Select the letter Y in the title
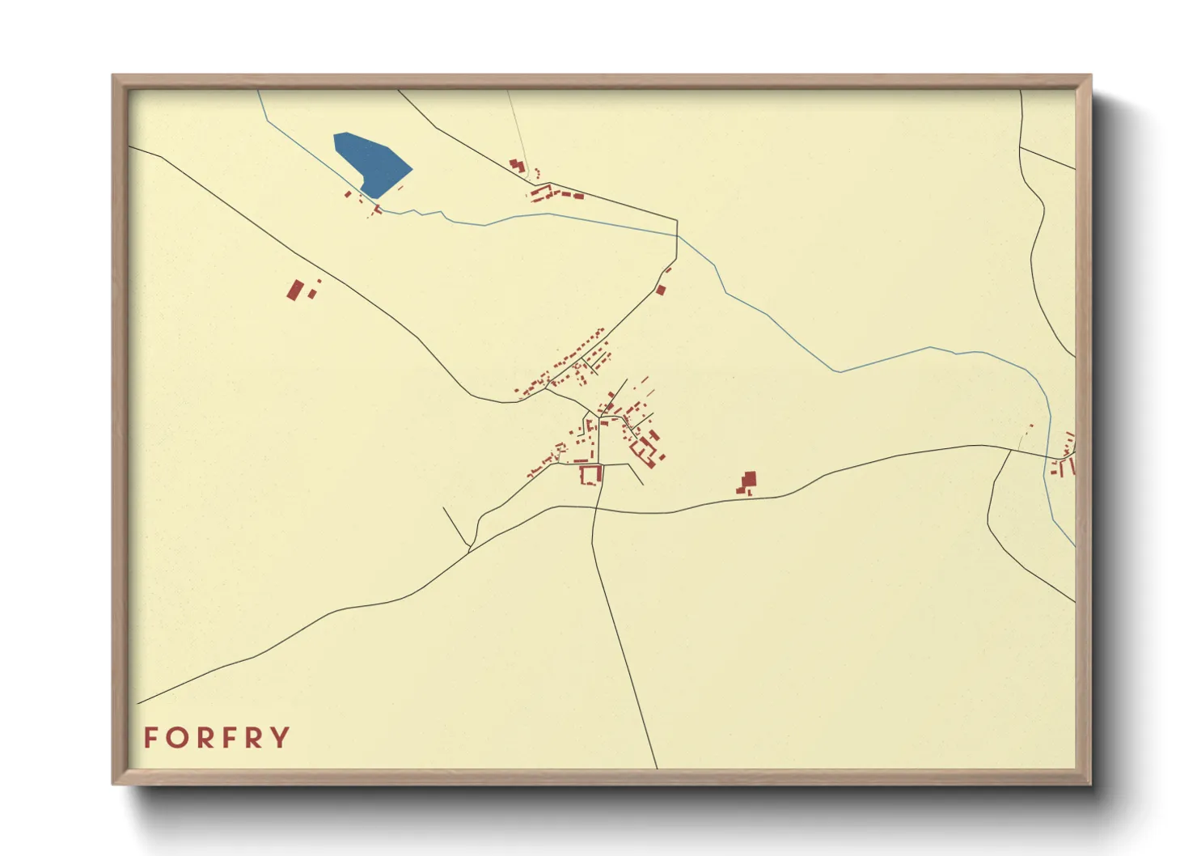coord(280,738)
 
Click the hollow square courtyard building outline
coord(591,474)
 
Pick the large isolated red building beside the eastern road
coord(749,481)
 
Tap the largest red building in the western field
coord(296,289)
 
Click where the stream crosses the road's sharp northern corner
coord(677,235)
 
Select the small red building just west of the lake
coord(349,194)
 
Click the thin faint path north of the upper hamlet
coord(518,129)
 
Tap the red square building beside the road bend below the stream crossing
coord(661,290)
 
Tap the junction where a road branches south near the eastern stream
coord(1011,450)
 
